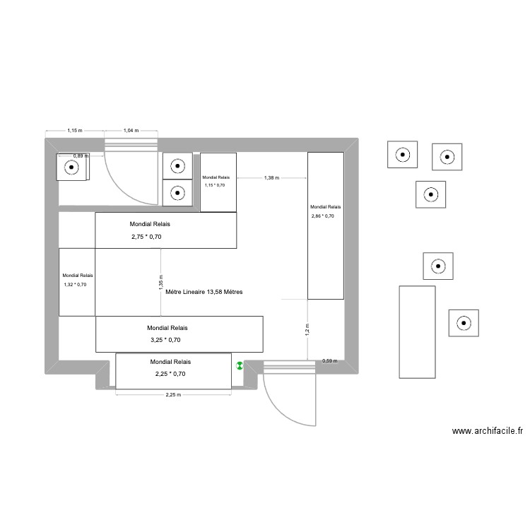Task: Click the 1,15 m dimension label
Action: (x=74, y=131)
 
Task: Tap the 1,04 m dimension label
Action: (x=131, y=131)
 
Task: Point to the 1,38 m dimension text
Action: (x=271, y=178)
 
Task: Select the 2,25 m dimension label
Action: (x=173, y=395)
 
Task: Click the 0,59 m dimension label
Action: (x=329, y=361)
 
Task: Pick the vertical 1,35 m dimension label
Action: (x=160, y=285)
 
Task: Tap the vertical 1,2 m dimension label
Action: (x=307, y=329)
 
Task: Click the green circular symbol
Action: (x=240, y=366)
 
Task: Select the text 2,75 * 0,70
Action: (x=147, y=237)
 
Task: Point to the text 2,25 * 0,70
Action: (x=170, y=374)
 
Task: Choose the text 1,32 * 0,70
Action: (x=75, y=285)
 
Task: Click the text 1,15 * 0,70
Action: (x=215, y=185)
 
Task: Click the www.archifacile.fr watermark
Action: (x=488, y=431)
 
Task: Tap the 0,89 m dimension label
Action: (x=81, y=156)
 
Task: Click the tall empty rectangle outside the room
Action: (x=417, y=331)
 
